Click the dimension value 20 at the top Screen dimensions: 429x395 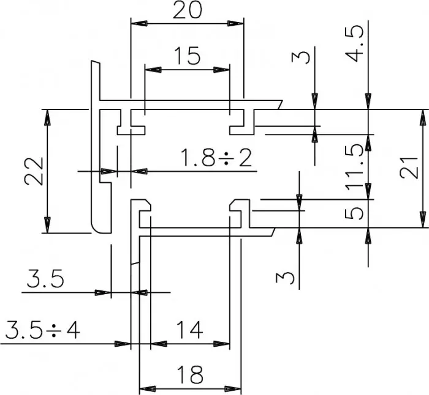click(x=188, y=10)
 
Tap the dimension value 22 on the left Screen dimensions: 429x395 click(x=34, y=171)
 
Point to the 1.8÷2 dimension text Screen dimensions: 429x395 click(x=216, y=158)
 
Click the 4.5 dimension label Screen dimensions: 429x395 click(x=354, y=43)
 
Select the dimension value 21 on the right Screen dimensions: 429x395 click(x=409, y=168)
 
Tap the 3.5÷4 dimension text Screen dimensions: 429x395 click(x=42, y=330)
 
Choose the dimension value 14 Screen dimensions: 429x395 click(x=189, y=330)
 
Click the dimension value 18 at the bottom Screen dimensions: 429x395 click(x=190, y=375)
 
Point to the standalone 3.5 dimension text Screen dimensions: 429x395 click(x=45, y=278)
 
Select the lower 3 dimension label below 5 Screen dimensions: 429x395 click(x=285, y=278)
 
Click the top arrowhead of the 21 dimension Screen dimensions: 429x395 click(x=423, y=117)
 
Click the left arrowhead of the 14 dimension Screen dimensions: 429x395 click(x=159, y=344)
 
